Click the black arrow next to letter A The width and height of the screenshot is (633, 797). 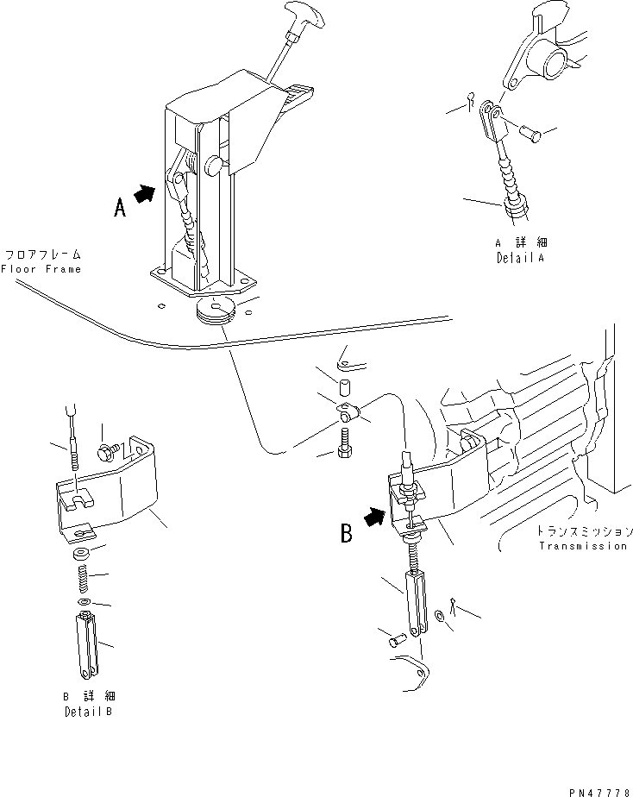coord(145,194)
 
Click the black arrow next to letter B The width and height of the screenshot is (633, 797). coord(376,518)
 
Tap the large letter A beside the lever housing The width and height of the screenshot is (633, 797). coord(119,208)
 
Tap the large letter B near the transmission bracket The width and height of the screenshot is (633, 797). coord(346,534)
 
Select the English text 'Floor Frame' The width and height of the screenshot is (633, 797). coord(41,269)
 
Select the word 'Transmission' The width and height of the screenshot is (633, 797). coord(583,546)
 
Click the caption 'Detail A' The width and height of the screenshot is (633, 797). coord(520,258)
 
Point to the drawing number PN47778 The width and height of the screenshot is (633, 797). coord(600,793)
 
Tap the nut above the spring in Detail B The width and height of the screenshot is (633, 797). coord(82,554)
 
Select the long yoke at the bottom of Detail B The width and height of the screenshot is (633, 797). coord(87,645)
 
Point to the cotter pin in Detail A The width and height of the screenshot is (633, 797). coord(471,100)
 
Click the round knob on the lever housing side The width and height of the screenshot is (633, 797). coord(212,166)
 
